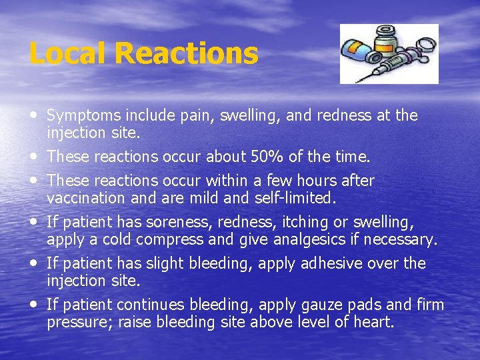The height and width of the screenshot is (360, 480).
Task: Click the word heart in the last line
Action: [377, 323]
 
